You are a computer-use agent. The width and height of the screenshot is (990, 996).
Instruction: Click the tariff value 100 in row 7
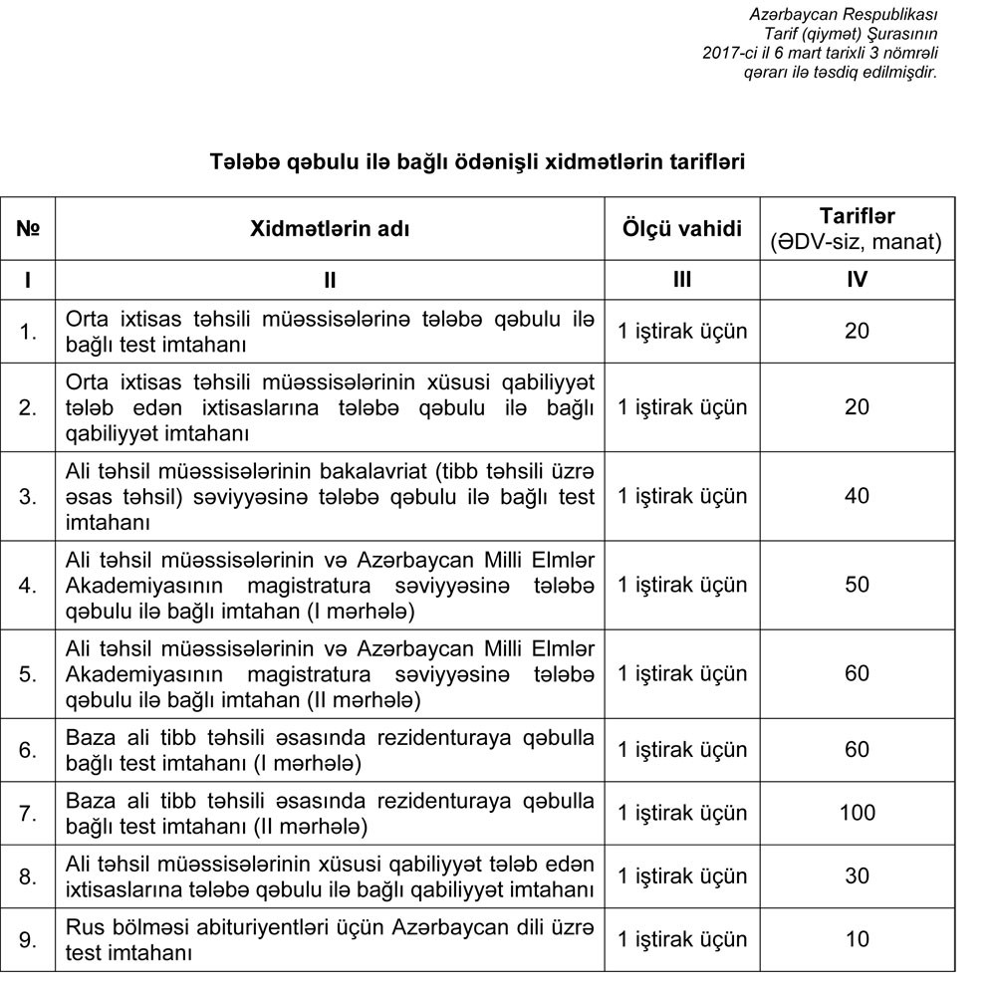857,813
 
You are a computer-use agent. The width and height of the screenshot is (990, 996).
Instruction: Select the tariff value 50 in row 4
857,585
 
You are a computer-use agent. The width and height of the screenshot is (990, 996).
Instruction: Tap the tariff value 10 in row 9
857,939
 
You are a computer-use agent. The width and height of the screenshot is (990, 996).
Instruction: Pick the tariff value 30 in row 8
857,876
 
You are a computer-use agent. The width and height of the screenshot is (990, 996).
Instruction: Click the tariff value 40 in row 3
857,496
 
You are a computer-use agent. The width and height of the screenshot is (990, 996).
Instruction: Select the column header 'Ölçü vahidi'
682,229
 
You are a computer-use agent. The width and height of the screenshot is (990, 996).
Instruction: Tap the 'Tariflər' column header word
857,216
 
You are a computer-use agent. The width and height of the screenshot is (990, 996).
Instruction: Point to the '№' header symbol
28,229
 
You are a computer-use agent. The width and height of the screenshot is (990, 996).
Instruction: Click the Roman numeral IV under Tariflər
857,280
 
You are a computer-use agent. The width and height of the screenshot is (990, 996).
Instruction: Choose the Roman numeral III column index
682,280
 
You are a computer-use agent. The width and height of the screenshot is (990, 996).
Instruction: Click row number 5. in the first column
28,674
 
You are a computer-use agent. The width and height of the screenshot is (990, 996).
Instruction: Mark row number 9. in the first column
28,939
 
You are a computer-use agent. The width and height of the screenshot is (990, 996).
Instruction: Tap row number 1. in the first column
28,332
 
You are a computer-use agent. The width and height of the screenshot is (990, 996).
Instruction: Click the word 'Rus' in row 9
84,928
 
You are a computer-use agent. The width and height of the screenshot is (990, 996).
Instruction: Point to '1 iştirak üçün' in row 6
682,750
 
